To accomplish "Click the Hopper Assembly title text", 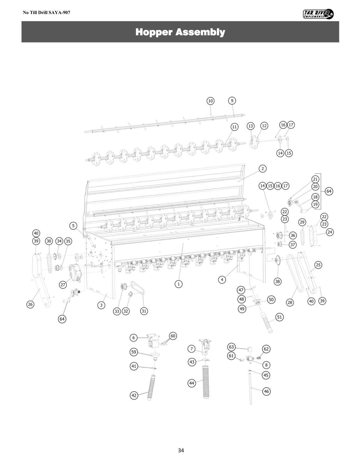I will coord(180,32).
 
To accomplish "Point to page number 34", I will coord(181,450).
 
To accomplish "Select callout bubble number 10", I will coord(211,101).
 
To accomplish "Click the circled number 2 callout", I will coord(262,169).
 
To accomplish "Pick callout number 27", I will coord(63,285).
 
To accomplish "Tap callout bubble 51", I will coord(280,317).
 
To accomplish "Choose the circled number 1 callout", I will coord(178,284).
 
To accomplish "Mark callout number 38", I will coord(277,281).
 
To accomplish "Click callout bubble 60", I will coord(173,336).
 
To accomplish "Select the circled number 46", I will coord(266,391).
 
